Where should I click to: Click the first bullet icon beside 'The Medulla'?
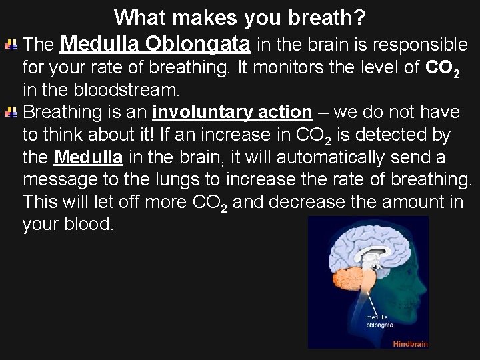coord(11,45)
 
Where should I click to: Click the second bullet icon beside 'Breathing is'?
coord(11,113)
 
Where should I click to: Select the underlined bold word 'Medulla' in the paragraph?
coord(88,159)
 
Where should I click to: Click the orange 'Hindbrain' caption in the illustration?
coord(409,343)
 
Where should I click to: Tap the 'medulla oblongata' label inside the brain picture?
coord(379,321)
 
